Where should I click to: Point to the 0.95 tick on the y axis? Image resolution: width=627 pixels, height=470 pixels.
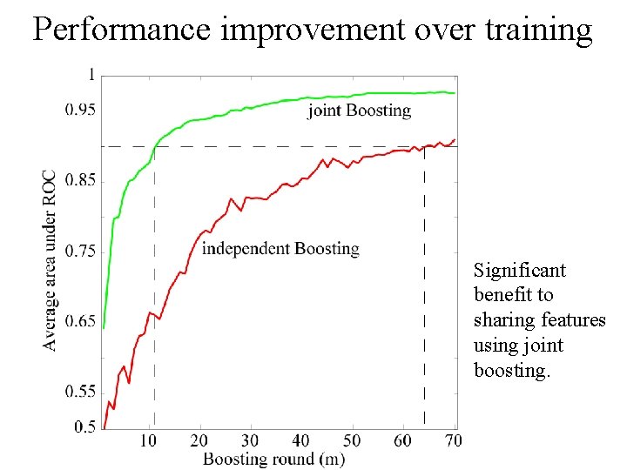[x=81, y=110]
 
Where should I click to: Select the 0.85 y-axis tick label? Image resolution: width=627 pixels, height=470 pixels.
[x=81, y=181]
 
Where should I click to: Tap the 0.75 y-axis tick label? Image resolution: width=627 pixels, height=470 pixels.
[x=81, y=252]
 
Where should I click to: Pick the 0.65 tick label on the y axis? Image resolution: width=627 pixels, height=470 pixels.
[x=81, y=322]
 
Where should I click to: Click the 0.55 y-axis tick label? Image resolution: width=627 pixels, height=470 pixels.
[x=81, y=393]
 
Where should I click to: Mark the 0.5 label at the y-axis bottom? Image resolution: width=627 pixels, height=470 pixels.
[x=84, y=427]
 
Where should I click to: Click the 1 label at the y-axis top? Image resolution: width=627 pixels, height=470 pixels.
[x=91, y=76]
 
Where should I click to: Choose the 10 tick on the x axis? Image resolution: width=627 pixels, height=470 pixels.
[x=148, y=441]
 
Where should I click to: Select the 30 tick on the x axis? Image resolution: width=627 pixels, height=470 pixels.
[x=250, y=441]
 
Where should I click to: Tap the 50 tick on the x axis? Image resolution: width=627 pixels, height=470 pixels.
[x=352, y=441]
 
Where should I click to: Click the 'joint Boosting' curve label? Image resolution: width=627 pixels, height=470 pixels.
[x=359, y=111]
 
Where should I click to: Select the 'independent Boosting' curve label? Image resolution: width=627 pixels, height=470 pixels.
[x=280, y=249]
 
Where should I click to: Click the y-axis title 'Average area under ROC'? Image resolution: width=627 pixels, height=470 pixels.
[x=51, y=259]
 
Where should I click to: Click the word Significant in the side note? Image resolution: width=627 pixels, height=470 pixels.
[x=519, y=271]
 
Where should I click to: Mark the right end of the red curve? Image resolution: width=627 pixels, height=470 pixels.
[x=455, y=139]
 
